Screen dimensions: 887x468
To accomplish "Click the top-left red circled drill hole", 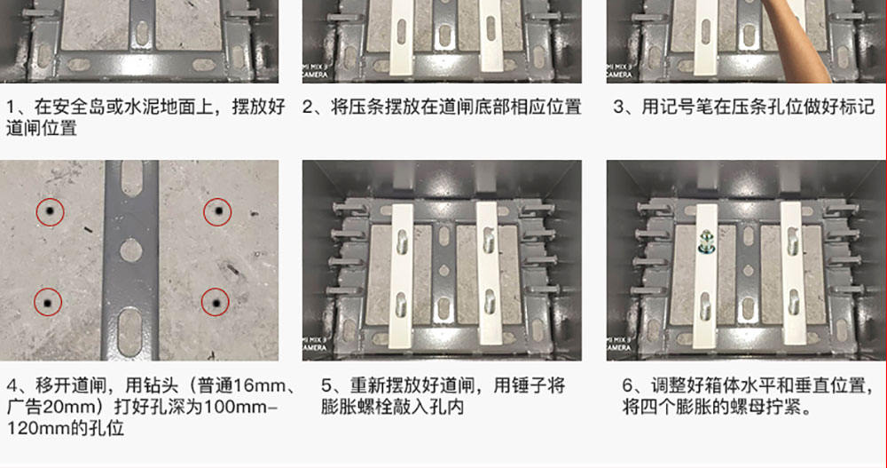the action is tap(50, 212).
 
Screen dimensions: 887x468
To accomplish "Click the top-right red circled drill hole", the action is tap(218, 212).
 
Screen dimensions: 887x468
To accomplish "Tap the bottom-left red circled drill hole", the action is tap(48, 303).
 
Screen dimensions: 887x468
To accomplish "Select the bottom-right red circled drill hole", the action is tap(216, 303).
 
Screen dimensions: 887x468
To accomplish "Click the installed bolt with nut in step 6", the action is tap(705, 242).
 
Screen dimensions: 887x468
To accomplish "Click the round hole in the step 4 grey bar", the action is tap(130, 250).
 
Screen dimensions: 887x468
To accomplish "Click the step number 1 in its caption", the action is tap(12, 107).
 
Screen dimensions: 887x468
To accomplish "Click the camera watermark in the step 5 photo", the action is tap(313, 344).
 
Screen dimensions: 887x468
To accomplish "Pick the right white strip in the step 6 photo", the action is tap(792, 275).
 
